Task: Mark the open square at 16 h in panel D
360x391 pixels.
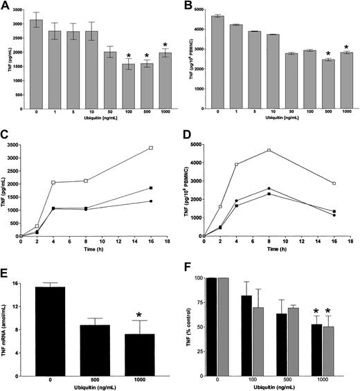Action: tap(334, 183)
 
